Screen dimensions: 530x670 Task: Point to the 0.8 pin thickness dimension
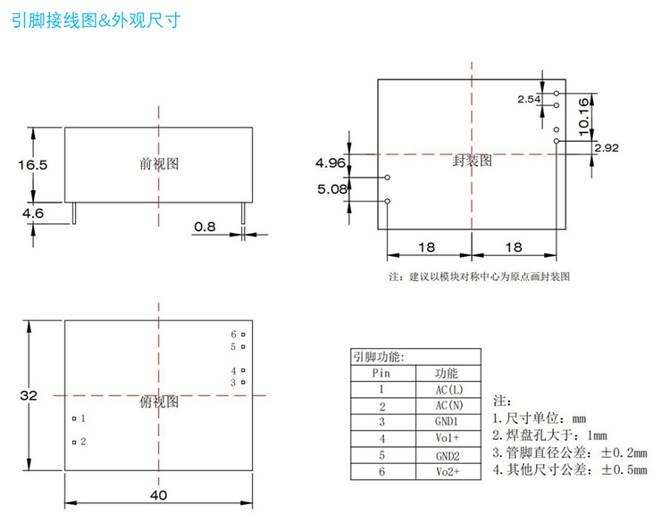click(205, 227)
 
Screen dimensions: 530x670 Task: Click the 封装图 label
click(472, 161)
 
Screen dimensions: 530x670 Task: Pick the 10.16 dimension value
click(583, 116)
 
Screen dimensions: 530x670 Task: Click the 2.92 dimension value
click(607, 147)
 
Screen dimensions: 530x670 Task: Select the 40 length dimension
click(158, 495)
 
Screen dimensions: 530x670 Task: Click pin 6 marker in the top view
click(242, 335)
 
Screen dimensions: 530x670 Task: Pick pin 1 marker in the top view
click(74, 418)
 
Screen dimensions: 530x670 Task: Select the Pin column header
click(381, 374)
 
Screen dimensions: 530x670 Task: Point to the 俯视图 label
click(159, 402)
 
